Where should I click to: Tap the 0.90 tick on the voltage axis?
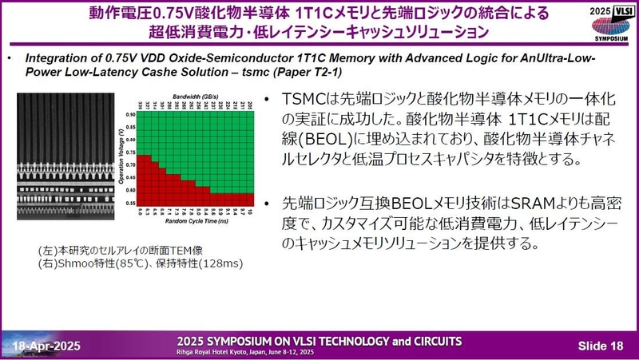pyautogui.click(x=129, y=115)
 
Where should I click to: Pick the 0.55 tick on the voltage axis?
pyautogui.click(x=129, y=203)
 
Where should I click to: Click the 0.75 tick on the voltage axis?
pyautogui.click(x=129, y=152)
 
